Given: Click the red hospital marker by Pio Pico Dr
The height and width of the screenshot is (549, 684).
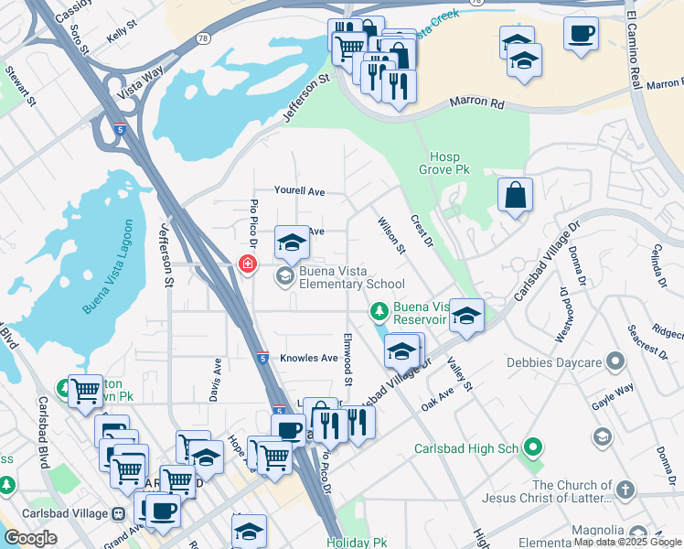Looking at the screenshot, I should tap(246, 264).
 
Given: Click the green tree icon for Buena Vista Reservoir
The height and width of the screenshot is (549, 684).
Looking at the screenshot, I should tap(379, 313).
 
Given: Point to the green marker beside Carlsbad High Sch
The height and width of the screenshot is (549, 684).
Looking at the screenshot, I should tap(533, 448).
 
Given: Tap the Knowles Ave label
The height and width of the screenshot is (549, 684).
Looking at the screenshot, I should tap(309, 358).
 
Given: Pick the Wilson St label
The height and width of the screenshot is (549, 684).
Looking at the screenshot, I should tap(391, 235).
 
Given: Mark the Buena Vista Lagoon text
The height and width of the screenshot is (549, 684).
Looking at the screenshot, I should tap(106, 266).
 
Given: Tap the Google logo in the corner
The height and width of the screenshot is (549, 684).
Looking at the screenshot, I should tap(30, 538).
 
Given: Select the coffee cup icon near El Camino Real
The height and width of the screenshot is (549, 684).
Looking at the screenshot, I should tap(581, 34).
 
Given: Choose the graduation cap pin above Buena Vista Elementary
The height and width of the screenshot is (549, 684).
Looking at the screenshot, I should tap(292, 242).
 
